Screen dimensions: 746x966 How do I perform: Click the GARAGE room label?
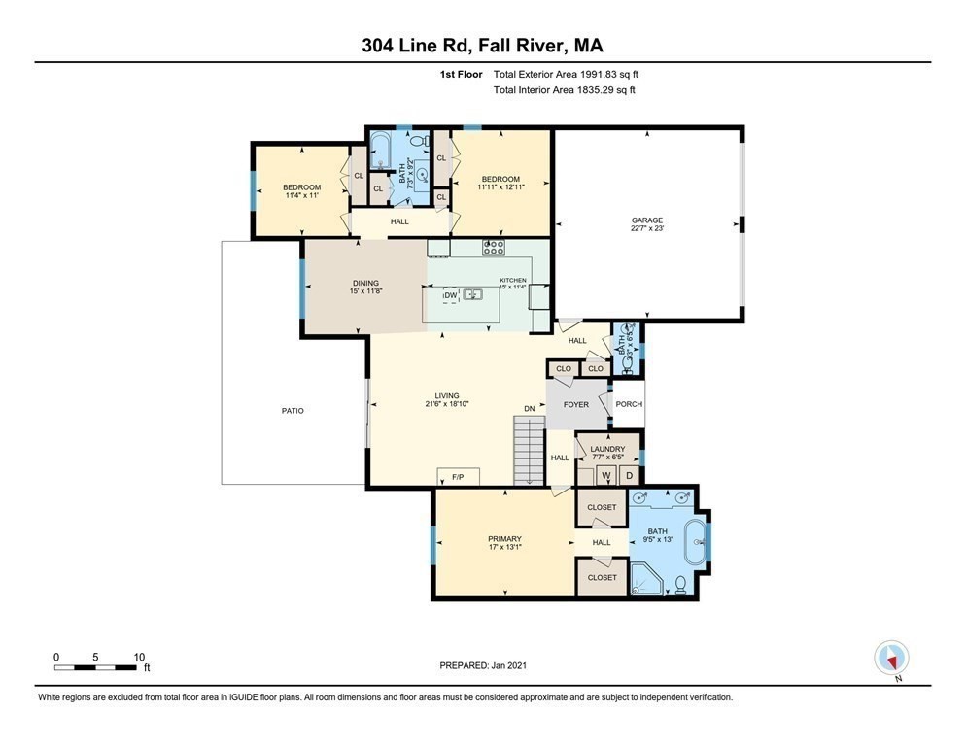point(646,221)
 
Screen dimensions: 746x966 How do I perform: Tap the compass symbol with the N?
point(891,658)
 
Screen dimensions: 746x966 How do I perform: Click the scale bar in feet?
point(95,668)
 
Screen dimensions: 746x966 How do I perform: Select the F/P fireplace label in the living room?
point(458,476)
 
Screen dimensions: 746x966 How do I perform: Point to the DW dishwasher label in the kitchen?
point(450,294)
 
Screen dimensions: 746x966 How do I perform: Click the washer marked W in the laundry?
point(604,475)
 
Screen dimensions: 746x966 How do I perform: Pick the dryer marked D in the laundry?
point(629,475)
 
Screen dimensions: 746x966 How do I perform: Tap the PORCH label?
point(628,404)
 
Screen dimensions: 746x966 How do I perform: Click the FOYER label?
point(576,404)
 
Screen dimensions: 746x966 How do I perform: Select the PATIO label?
point(293,411)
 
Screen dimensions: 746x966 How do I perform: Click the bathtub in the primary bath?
point(696,543)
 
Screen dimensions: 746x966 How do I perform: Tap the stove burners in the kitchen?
point(494,247)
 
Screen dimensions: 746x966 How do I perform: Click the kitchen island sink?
point(473,294)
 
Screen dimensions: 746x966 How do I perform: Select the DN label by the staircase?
point(529,409)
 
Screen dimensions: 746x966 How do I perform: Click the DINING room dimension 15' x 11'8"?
point(365,290)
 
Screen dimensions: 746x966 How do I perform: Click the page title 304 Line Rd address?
point(482,46)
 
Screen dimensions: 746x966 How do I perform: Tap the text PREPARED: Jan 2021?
point(483,665)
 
